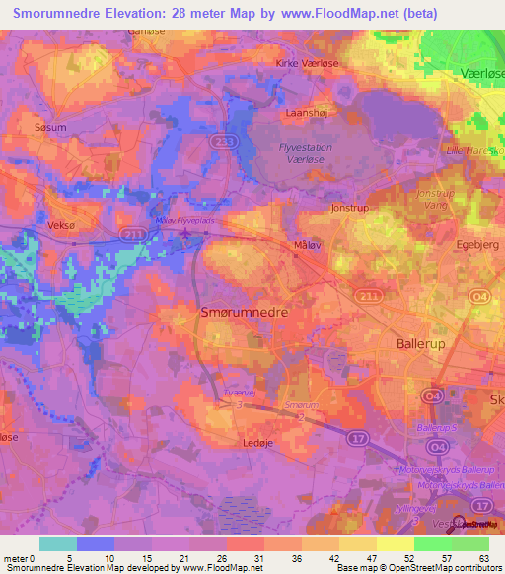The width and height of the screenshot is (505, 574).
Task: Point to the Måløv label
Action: click(x=309, y=243)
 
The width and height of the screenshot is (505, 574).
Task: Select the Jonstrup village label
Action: click(x=348, y=208)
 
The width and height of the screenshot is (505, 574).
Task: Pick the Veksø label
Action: click(x=61, y=225)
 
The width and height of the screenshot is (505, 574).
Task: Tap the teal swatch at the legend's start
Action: click(x=57, y=543)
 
